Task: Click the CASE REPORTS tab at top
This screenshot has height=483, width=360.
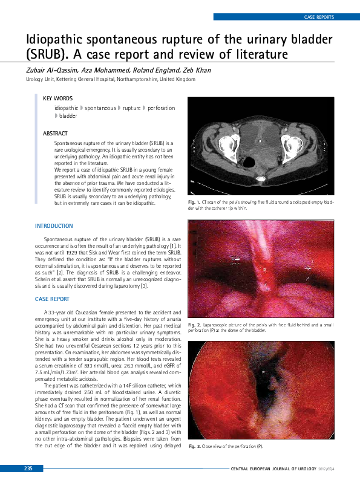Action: pos(318,18)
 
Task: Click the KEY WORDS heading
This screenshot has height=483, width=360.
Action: pos(57,98)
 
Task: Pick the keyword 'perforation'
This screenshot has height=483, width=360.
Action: pos(162,108)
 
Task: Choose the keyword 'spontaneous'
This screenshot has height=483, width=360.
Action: pos(100,108)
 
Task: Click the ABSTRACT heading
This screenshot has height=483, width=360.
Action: pos(55,133)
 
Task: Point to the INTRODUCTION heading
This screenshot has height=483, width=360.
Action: pos(54,226)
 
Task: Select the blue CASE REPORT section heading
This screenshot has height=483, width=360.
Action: pos(52,299)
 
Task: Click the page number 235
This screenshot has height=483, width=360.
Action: pos(28,469)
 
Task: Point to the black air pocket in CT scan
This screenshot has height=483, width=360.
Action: pos(247,162)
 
